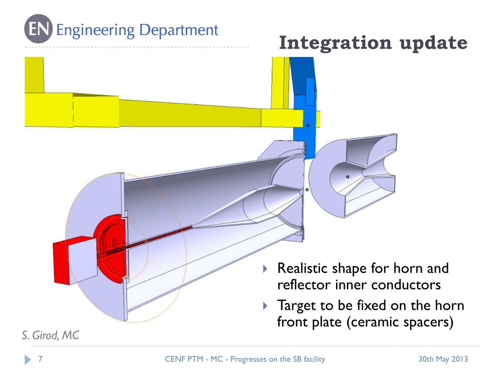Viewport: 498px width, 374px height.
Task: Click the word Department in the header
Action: (179, 30)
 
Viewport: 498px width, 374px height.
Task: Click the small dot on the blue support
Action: (308, 126)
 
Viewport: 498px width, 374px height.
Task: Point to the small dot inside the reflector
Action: (347, 177)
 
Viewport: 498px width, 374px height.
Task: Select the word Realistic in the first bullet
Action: (303, 268)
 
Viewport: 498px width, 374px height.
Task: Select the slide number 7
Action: (40, 359)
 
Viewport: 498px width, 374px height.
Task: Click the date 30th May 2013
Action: (443, 359)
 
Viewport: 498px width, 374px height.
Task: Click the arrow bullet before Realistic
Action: (265, 269)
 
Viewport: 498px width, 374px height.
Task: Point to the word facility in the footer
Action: (312, 359)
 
